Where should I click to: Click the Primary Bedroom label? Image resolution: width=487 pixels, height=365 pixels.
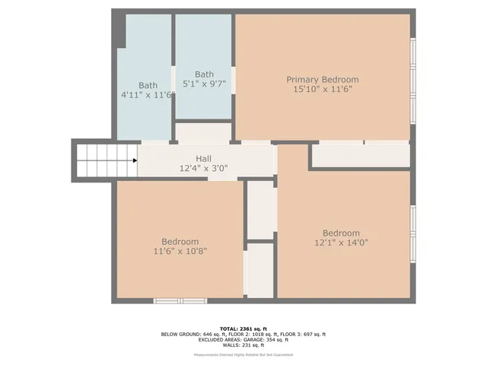(322, 79)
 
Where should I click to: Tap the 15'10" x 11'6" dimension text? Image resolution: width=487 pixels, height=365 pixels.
(322, 89)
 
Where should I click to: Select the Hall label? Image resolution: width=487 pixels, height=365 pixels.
(203, 158)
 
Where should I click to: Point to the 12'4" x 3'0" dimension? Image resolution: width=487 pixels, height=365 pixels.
(203, 168)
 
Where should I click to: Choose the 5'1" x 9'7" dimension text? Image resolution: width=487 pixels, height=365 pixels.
(204, 84)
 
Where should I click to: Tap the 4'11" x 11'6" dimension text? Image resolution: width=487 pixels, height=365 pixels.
(148, 95)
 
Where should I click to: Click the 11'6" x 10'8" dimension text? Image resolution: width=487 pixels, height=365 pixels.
(180, 251)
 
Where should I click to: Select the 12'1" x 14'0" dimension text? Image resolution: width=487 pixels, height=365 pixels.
(341, 243)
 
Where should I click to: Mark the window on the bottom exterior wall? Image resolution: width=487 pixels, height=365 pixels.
(180, 301)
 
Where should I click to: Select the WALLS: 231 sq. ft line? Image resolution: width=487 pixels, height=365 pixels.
(243, 346)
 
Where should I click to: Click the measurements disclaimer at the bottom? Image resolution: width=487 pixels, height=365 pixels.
(243, 354)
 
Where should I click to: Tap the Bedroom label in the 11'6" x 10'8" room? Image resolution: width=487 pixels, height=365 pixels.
(180, 241)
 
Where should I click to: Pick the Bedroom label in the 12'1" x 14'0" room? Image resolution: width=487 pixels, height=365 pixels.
(341, 233)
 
